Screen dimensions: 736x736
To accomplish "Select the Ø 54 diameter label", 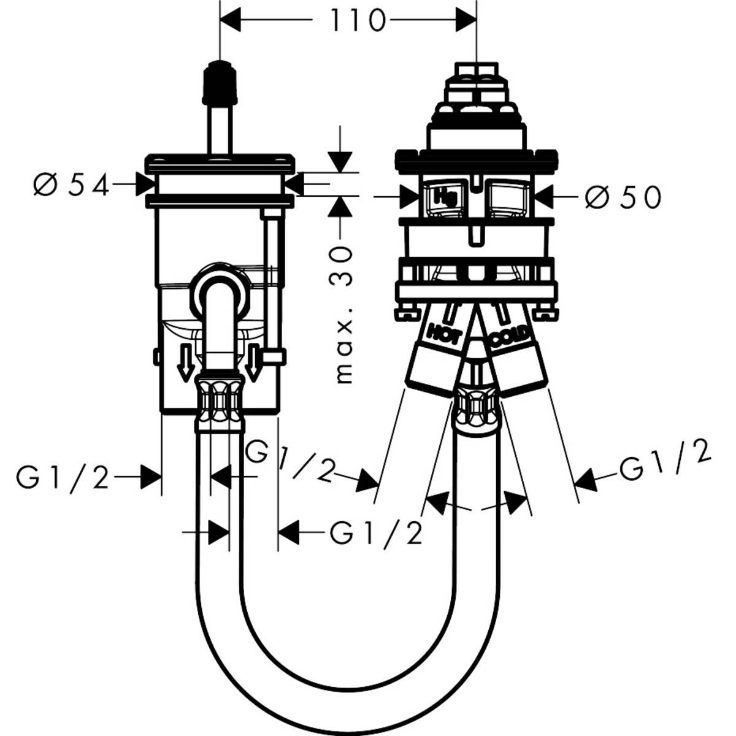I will pos(71,185).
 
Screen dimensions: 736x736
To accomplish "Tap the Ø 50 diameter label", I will pos(623,197).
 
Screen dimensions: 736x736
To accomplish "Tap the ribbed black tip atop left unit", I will pos(219,82).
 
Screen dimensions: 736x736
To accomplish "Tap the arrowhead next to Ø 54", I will pos(146,184).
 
